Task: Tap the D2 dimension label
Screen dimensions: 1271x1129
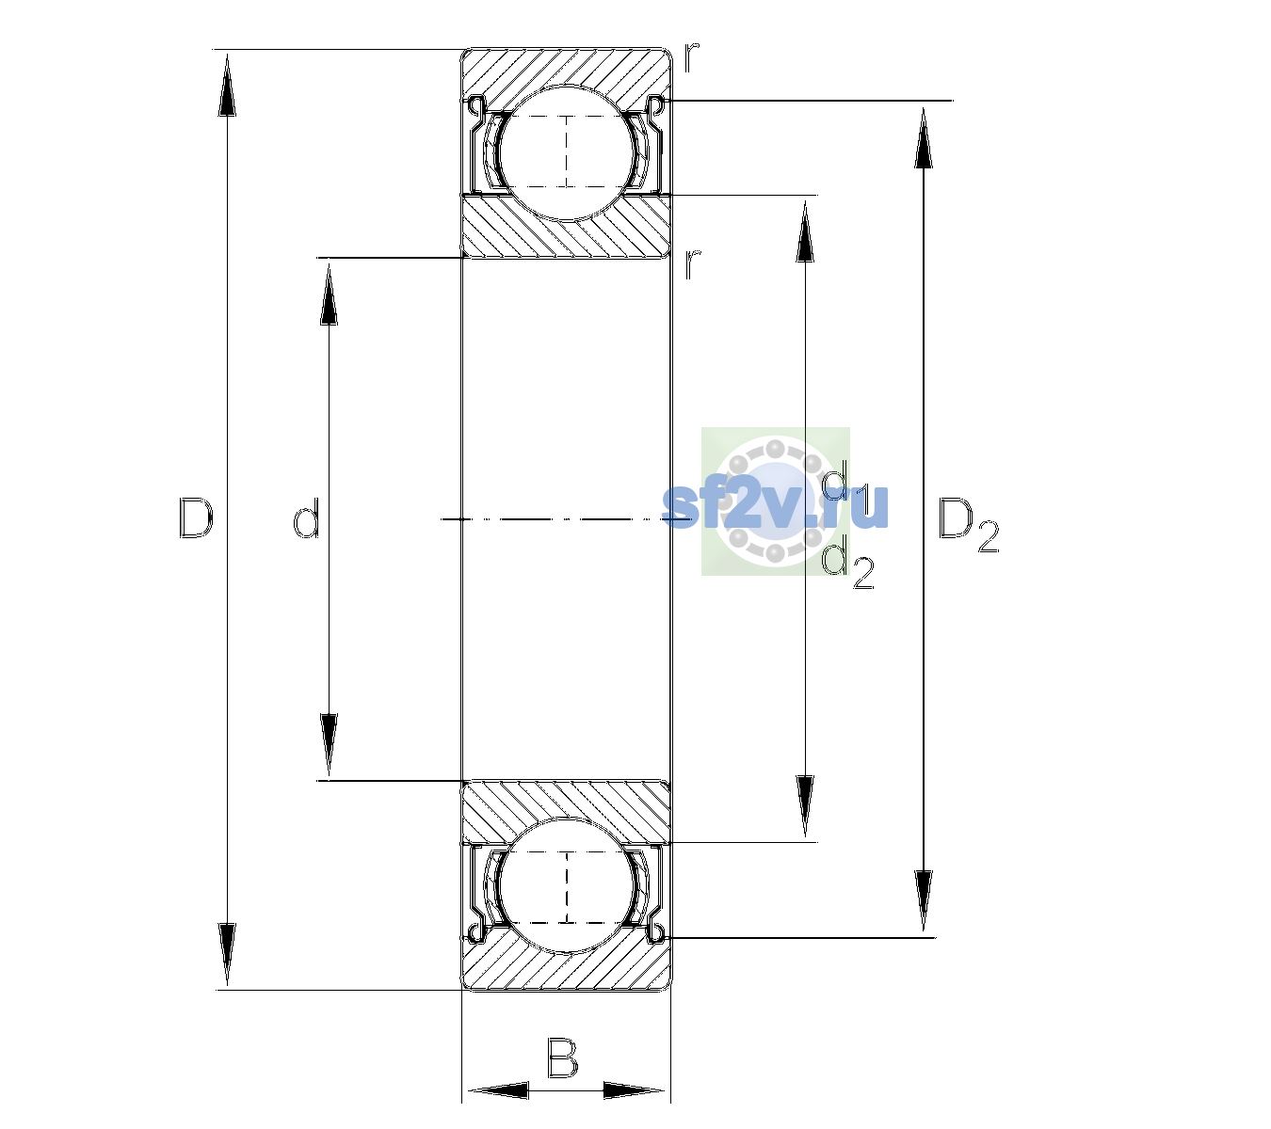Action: (x=968, y=525)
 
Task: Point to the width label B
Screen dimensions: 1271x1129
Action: (x=562, y=1058)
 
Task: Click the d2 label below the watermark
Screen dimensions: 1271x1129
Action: (x=847, y=566)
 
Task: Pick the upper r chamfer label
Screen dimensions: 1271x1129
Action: (x=691, y=57)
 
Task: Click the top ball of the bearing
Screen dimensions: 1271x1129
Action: (x=567, y=152)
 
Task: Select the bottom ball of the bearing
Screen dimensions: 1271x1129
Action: (x=567, y=885)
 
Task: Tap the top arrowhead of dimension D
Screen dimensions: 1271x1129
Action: (x=227, y=86)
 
